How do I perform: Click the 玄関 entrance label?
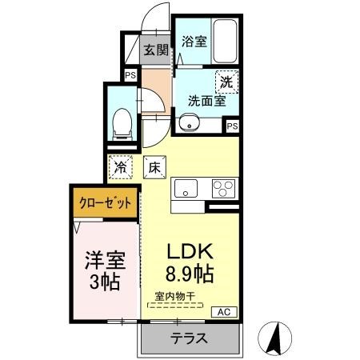click(155, 49)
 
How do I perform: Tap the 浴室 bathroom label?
click(194, 41)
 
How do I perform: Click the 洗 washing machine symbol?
click(226, 80)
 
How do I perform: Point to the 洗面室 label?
click(206, 101)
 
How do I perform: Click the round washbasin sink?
click(188, 122)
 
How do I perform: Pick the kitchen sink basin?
click(186, 189)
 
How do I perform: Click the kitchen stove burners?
click(222, 189)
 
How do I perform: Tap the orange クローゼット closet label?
click(105, 204)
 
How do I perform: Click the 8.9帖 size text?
click(189, 274)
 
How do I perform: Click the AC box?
click(225, 312)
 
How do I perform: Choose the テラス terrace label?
click(189, 338)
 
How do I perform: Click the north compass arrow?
click(275, 335)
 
